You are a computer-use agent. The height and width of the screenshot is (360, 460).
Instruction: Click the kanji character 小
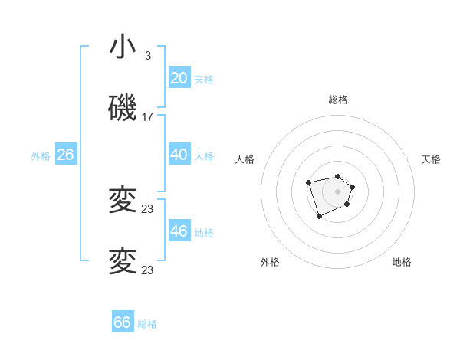123,47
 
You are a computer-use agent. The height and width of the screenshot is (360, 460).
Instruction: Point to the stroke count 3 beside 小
148,56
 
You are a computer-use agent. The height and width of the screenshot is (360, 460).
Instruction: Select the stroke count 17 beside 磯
148,117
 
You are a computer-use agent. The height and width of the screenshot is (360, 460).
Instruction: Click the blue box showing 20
179,78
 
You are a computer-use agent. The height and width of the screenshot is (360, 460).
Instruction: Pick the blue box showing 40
179,155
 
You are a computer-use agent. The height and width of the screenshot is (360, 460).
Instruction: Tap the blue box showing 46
179,231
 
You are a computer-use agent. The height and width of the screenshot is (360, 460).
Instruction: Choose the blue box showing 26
65,155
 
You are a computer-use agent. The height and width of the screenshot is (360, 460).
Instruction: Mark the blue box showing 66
123,322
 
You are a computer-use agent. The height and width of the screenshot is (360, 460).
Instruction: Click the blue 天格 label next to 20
204,80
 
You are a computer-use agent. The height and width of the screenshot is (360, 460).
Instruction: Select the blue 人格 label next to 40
204,156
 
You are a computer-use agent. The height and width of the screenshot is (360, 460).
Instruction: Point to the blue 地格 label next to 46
204,233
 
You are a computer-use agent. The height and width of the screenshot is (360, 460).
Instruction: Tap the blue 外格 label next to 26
41,156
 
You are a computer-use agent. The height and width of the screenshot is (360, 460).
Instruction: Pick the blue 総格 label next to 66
147,324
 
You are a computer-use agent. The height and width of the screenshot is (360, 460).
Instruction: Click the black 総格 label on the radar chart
338,100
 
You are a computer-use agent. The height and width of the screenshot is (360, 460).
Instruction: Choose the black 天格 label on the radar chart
431,159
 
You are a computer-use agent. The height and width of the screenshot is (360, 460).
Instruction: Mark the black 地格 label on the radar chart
402,262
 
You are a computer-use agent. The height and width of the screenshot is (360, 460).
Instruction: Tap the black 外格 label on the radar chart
270,262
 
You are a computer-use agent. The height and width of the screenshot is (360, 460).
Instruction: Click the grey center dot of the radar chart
337,191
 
